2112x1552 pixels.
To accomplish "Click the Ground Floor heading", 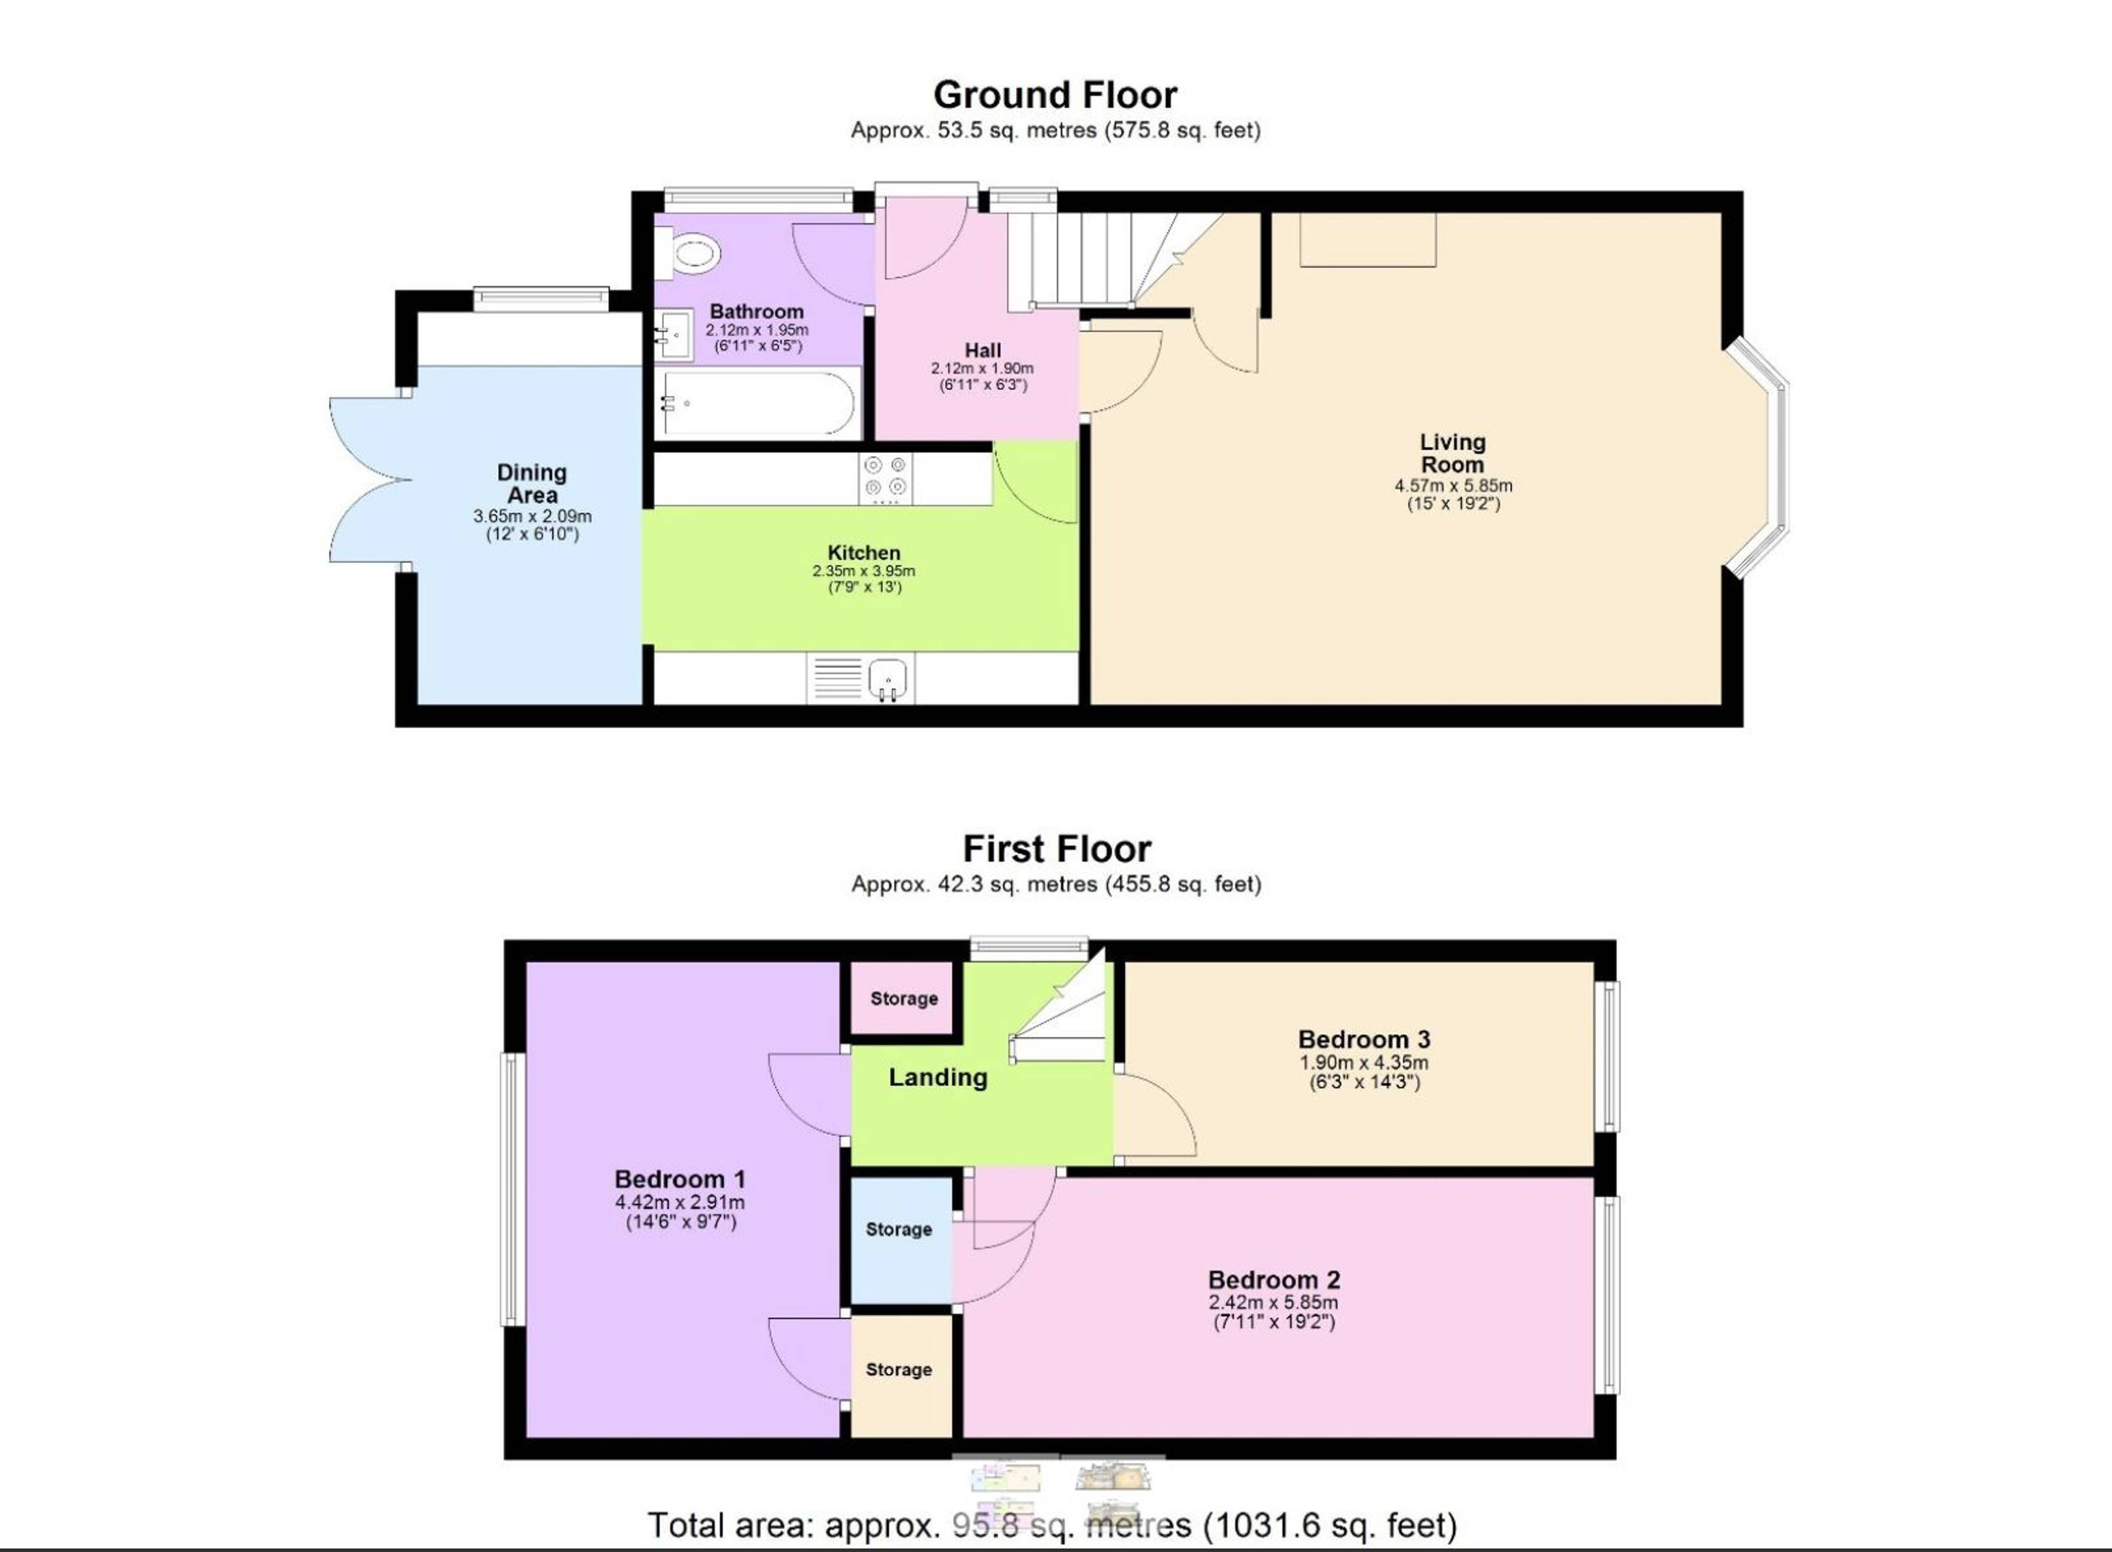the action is (1055, 96).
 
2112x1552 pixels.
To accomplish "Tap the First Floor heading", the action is (1057, 849).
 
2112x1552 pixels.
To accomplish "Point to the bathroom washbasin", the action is (674, 333).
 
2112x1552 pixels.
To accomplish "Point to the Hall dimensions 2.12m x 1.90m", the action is (983, 368).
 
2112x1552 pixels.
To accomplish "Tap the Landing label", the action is (938, 1077).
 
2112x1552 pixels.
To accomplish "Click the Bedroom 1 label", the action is (680, 1179).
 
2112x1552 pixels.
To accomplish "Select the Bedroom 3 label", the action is (1364, 1039).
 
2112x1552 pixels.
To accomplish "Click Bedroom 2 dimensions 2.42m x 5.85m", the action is (1273, 1302).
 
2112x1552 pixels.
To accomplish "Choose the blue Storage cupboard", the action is (900, 1240).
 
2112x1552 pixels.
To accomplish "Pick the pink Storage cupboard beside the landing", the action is (903, 998).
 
